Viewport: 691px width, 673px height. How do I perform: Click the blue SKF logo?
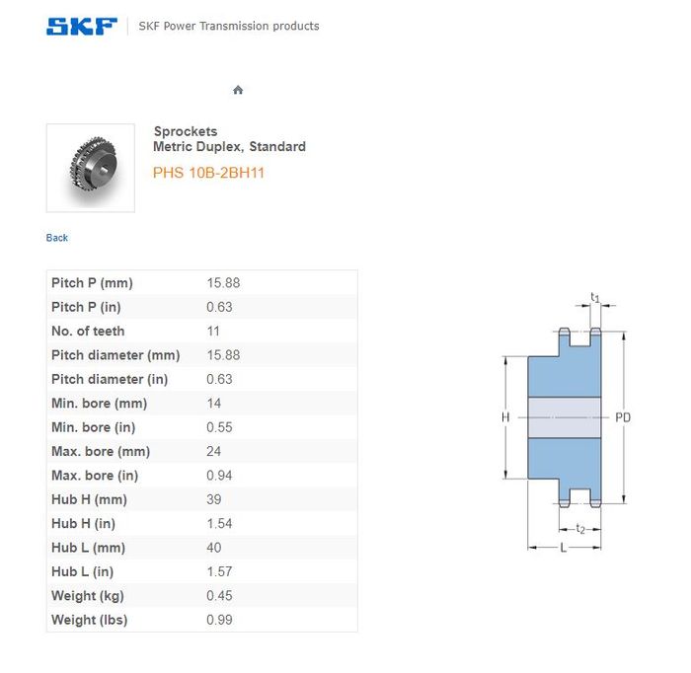coord(82,27)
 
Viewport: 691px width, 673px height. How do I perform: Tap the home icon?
coord(238,90)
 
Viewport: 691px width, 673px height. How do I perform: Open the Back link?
coord(57,238)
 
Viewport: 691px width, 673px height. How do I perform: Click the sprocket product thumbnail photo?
coord(91,168)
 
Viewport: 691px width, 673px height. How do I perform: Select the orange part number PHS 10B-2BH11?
coord(208,173)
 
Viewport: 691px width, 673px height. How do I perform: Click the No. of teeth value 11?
coord(213,332)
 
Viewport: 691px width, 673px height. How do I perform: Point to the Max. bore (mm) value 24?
coord(214,451)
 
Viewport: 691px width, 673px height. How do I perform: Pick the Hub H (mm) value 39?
coord(214,499)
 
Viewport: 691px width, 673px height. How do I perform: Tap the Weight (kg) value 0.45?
coord(219,595)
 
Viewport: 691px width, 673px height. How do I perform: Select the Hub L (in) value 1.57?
coord(219,571)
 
